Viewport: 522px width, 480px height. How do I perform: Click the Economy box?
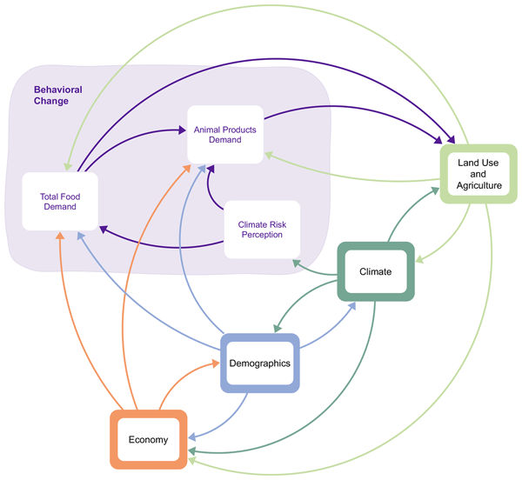(149, 439)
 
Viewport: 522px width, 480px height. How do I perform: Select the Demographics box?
(259, 363)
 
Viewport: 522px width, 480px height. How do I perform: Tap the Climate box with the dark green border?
(375, 271)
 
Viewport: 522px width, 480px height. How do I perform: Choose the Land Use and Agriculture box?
(478, 173)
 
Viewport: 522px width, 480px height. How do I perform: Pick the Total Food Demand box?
(59, 201)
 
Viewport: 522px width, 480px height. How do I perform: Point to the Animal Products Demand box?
(224, 134)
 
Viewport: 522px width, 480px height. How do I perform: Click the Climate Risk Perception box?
(262, 230)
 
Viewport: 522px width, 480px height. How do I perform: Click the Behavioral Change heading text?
(51, 96)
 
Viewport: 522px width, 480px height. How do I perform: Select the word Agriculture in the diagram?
(479, 185)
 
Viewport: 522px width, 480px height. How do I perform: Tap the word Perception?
(262, 236)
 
